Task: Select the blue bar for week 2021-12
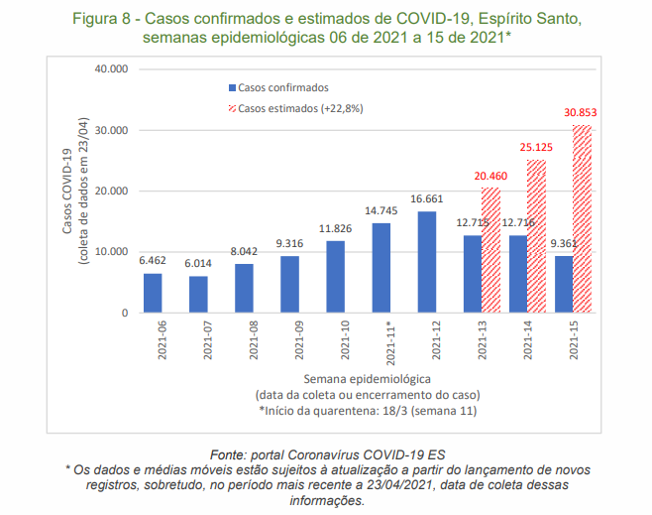click(x=428, y=263)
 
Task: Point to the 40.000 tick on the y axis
click(x=112, y=69)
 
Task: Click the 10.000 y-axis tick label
click(x=112, y=252)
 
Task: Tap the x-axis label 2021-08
click(x=245, y=340)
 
